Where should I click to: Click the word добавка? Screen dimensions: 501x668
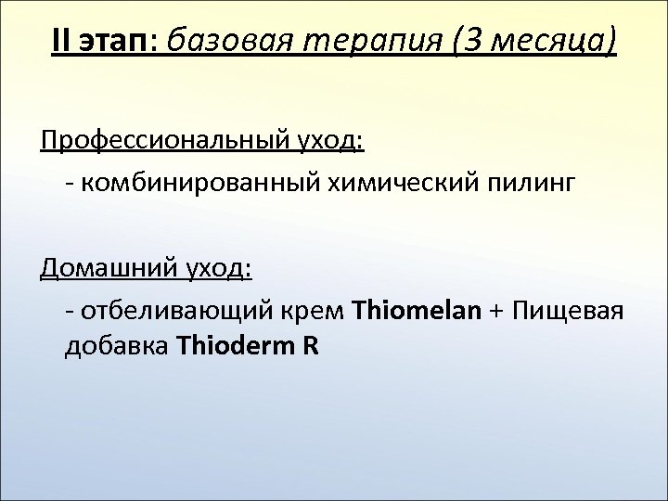point(115,347)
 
